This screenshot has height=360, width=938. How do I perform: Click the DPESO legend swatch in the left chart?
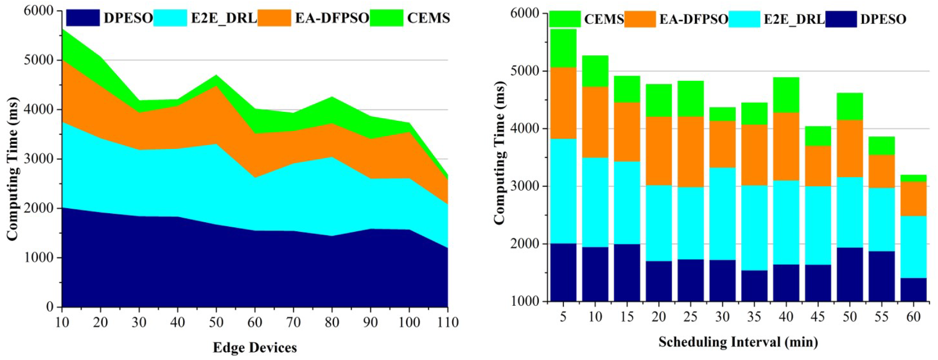coord(83,18)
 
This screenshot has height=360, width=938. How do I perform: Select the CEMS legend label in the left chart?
coord(428,18)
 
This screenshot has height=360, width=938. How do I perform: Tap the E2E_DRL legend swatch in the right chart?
coord(744,19)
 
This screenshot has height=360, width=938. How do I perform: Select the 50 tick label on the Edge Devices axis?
coord(216,323)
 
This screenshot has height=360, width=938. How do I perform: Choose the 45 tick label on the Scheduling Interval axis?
coord(818,317)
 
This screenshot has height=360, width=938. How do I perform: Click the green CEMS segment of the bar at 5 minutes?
coord(563,48)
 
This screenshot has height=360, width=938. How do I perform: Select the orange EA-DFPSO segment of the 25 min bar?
coord(690,152)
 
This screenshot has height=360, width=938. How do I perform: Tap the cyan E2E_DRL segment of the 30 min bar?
coord(722,214)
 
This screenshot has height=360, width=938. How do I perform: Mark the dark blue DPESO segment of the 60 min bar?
coord(913,290)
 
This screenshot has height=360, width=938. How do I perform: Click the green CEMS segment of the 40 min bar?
coord(786,95)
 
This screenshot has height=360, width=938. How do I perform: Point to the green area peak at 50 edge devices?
coord(216,80)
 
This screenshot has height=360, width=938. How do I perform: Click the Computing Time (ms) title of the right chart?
coord(500,153)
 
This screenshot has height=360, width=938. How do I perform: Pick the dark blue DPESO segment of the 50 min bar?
coord(850,275)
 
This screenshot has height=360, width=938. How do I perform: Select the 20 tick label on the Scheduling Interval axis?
coord(659,317)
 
